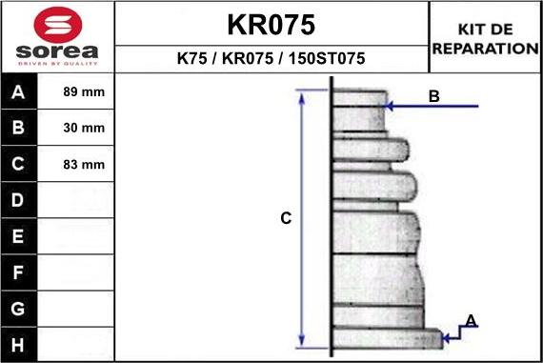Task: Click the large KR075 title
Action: click(x=271, y=24)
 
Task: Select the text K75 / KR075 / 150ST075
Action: click(x=271, y=59)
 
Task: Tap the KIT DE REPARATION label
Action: click(x=485, y=39)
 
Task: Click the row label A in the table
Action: click(x=19, y=92)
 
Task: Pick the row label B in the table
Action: click(x=19, y=128)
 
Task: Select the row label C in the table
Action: click(x=19, y=164)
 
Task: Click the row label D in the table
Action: click(x=19, y=200)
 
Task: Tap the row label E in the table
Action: click(x=19, y=235)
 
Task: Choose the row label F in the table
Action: click(x=19, y=272)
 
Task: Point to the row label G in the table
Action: click(x=19, y=309)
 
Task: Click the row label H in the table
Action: click(x=19, y=344)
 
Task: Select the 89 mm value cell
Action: click(x=83, y=92)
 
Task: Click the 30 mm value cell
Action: click(x=83, y=128)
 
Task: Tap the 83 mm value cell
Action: click(x=83, y=164)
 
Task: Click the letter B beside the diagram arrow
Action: click(x=433, y=96)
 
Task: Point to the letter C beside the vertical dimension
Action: click(x=285, y=218)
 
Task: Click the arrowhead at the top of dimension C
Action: click(x=302, y=94)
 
